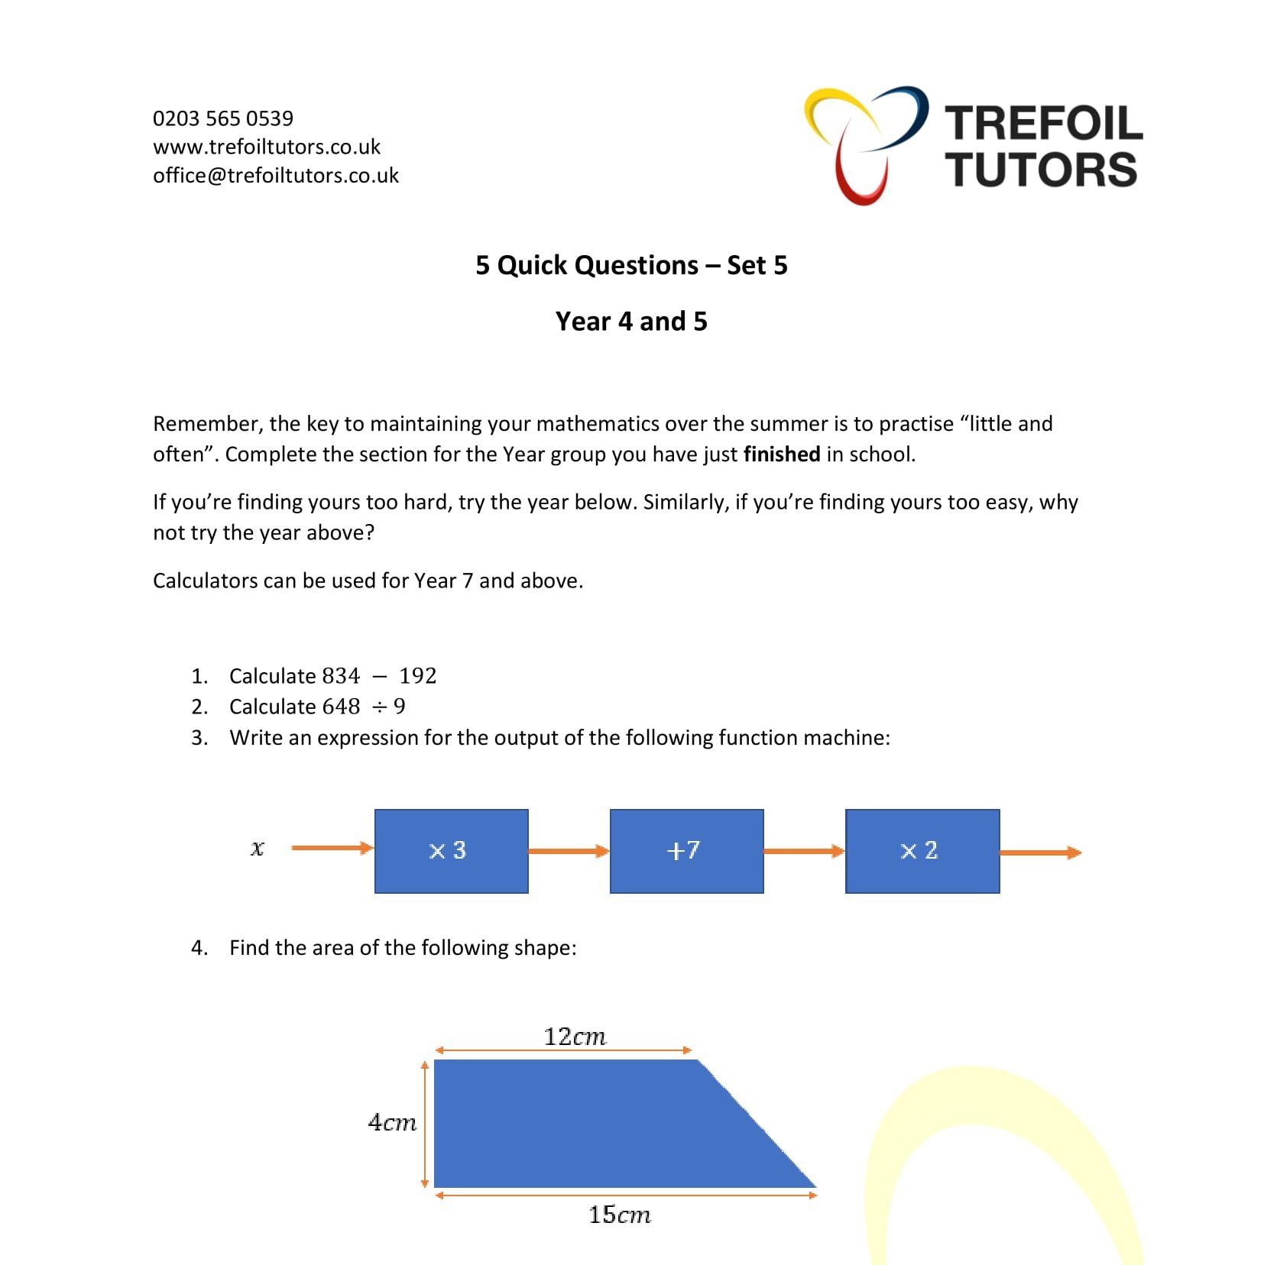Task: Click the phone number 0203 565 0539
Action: pos(223,118)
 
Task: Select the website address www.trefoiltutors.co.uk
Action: pos(267,147)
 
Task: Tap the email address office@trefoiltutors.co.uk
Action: pos(276,176)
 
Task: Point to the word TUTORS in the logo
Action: pos(1042,170)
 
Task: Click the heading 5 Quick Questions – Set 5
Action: pos(631,265)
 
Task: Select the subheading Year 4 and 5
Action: pos(631,322)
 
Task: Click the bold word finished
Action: pos(782,455)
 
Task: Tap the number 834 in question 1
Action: pos(341,676)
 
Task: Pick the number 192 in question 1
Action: pos(418,676)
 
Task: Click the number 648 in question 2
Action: pos(341,707)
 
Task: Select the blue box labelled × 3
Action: pos(451,851)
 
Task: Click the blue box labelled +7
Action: pos(686,851)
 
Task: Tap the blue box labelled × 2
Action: pos(922,851)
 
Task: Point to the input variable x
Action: pos(258,848)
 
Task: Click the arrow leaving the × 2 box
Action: pos(1040,852)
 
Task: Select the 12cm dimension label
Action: pos(575,1037)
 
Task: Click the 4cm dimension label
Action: pos(392,1122)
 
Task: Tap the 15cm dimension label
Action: pos(619,1215)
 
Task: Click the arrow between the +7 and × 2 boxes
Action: pos(804,851)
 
